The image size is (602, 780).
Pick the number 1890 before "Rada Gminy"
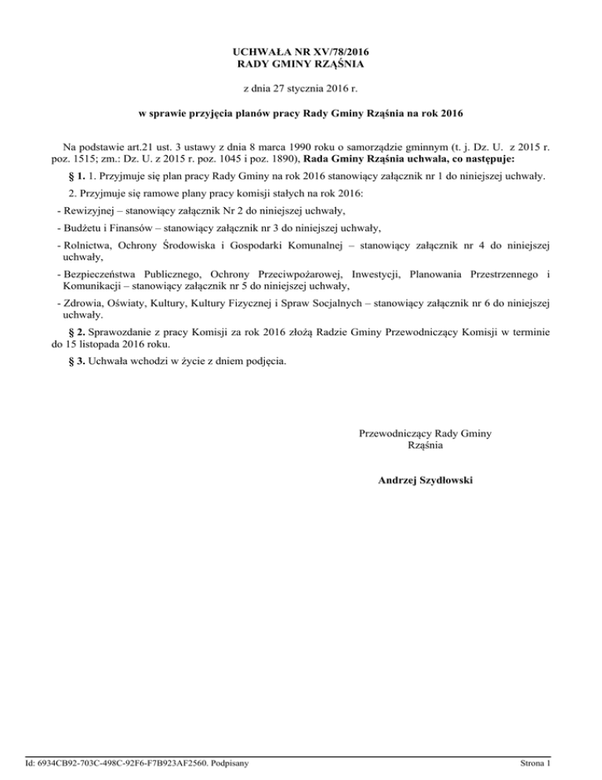coord(280,159)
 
